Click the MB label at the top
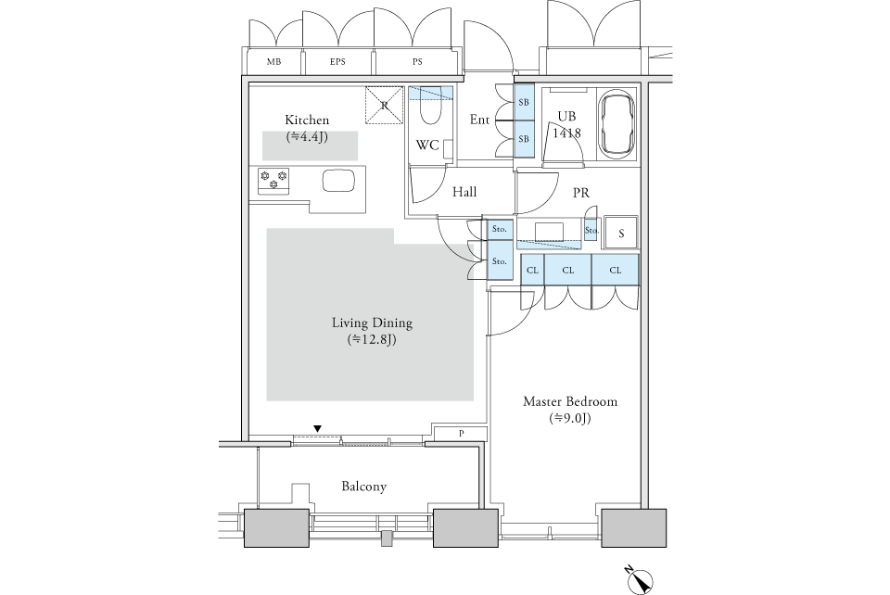coord(273,63)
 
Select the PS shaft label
coord(417,63)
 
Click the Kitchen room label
coord(307,120)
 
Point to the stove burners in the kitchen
coord(273,179)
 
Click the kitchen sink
coord(337,180)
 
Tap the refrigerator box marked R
coord(385,105)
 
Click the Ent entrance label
coord(479,120)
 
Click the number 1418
coord(567,133)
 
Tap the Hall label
coord(464,192)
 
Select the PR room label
coord(581,193)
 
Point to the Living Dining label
coord(372,323)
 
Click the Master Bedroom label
coord(570,402)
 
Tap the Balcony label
coord(364,487)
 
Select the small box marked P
coord(461,434)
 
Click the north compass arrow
coord(639,579)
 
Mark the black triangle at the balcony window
coord(318,428)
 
